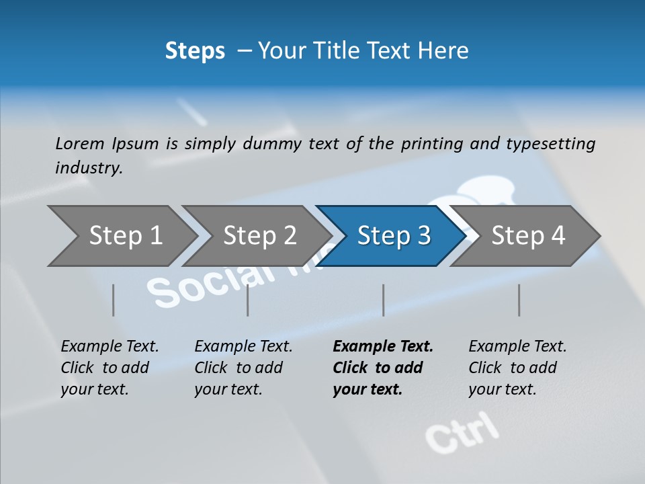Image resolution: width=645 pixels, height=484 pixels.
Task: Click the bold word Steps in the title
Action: [195, 51]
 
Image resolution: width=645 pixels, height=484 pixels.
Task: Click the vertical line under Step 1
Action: [114, 300]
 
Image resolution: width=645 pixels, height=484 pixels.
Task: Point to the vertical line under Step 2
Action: [248, 300]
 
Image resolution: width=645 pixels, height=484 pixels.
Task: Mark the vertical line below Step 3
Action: [384, 300]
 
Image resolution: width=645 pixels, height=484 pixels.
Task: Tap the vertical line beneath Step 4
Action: [519, 300]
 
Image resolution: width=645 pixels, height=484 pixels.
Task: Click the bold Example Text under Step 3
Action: [383, 347]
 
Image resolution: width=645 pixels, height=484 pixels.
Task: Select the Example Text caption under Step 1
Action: [110, 347]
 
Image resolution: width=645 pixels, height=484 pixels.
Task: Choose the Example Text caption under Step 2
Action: [243, 347]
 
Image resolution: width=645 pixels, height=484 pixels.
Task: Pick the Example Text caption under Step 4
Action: [517, 347]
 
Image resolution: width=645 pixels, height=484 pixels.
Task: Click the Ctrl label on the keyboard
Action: [463, 432]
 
